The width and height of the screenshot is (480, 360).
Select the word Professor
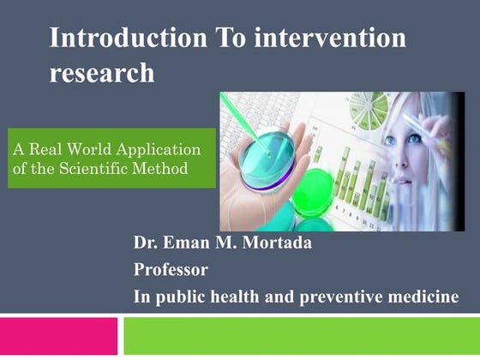(171, 270)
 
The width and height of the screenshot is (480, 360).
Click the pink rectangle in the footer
(58, 336)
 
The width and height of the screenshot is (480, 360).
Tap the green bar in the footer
(301, 336)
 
